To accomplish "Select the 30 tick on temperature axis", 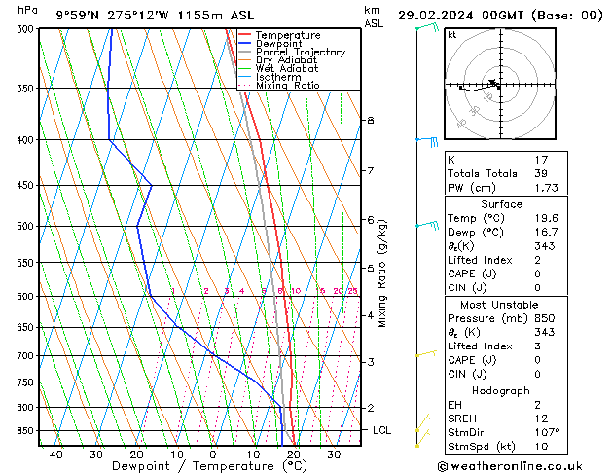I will point(334,454).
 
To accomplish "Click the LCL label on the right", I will point(383,430).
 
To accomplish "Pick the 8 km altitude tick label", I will point(370,120).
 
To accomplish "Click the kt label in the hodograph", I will point(451,34).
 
